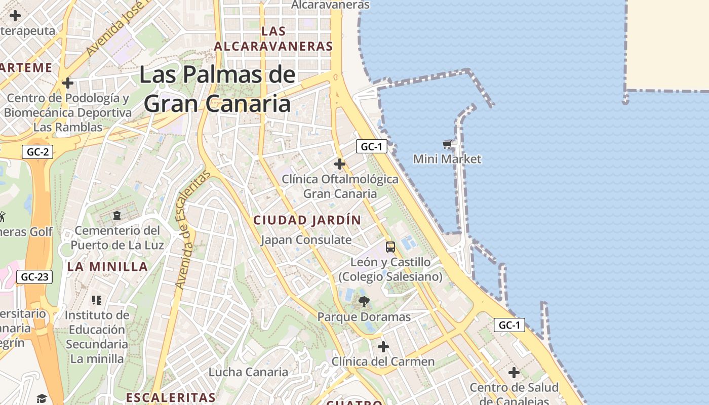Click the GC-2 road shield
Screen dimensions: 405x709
click(37, 151)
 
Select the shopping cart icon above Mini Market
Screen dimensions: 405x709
click(447, 145)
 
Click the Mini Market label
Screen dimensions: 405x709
click(447, 159)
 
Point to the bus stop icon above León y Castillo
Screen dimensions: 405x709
click(390, 247)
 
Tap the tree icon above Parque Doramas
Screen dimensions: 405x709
click(364, 302)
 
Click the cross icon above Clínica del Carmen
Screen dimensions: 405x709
click(383, 347)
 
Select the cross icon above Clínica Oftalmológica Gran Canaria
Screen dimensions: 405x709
click(340, 164)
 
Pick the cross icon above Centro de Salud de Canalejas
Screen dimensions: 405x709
click(514, 373)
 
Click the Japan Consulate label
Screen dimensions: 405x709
click(306, 239)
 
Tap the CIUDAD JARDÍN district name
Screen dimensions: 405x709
click(307, 220)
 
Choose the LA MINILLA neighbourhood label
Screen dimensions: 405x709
click(107, 267)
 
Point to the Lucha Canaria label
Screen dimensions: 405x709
click(248, 372)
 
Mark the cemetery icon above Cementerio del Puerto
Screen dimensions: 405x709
click(117, 216)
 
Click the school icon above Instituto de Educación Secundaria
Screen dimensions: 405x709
click(97, 300)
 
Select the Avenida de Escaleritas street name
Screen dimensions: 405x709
click(192, 230)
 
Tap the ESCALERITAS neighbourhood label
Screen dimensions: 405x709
click(171, 397)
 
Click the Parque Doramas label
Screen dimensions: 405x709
click(364, 317)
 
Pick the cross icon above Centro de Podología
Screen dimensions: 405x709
click(68, 83)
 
